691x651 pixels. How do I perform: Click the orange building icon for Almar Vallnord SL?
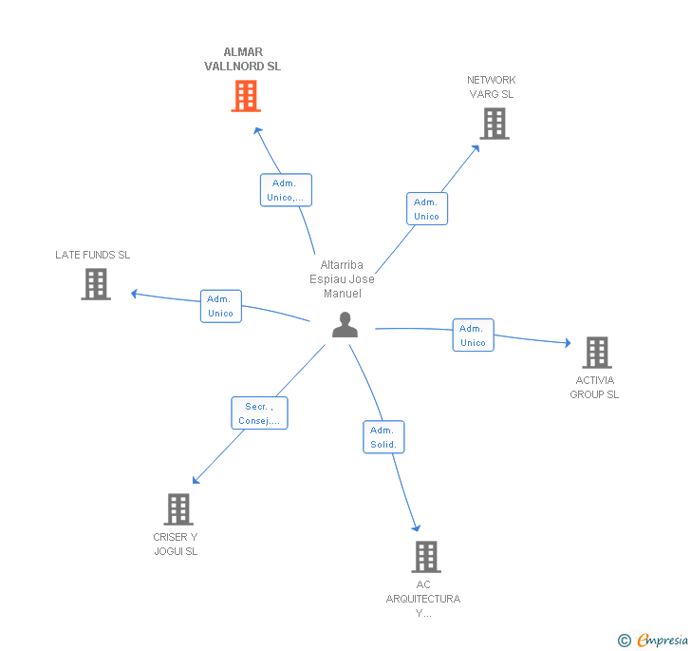pos(246,96)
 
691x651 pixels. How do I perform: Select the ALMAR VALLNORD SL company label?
pos(242,59)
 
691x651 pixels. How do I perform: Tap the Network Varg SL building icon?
pos(495,124)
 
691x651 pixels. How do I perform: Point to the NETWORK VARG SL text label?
pos(492,86)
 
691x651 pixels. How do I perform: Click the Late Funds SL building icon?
pos(96,284)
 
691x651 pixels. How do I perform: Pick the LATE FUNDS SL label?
pos(93,255)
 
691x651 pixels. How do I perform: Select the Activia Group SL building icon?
pos(597,353)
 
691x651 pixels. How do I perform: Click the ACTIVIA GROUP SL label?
pos(594,387)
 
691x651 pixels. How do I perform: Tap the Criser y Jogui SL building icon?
pos(178,508)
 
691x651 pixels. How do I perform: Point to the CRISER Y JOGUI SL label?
pos(176,544)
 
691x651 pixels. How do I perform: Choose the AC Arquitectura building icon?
pos(426,557)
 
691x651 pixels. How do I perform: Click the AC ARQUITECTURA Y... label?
pos(423,599)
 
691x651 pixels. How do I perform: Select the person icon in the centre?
pos(345,325)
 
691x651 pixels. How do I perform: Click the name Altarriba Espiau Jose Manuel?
pos(342,279)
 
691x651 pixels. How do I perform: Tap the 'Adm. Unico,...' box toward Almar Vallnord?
pos(286,190)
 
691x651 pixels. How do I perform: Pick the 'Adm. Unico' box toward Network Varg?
pos(427,209)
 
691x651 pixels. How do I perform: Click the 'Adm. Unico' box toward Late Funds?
pos(221,306)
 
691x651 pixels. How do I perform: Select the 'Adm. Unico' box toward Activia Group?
pos(474,335)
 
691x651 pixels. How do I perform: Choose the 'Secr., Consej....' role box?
pos(259,413)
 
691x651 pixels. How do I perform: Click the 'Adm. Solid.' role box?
pos(383,437)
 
